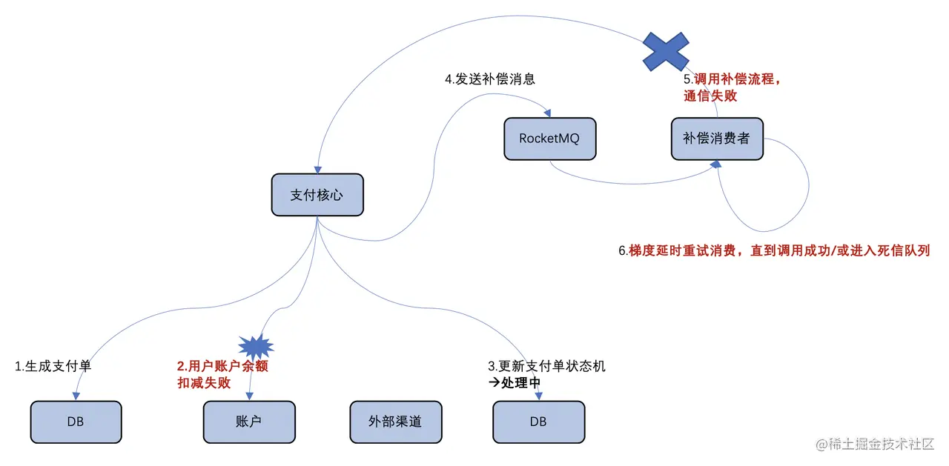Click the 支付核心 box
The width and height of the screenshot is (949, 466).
point(317,195)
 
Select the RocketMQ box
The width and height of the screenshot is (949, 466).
point(550,139)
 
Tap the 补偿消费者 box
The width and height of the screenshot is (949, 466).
point(717,139)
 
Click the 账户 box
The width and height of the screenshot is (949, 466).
point(249,422)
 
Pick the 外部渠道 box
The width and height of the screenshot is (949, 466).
point(396,422)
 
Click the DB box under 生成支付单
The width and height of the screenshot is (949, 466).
point(76,422)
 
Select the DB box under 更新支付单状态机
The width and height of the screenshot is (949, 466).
point(539,422)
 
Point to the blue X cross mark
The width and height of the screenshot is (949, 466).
point(666,51)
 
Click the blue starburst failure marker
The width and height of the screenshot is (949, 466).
point(256,347)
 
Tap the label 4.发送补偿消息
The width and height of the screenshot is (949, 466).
point(490,79)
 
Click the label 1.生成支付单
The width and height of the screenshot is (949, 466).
point(53,366)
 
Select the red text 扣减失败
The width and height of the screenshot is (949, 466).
point(204,383)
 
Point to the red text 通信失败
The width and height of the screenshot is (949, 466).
point(710,96)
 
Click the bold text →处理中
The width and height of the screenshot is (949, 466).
point(515,383)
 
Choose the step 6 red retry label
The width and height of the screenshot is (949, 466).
point(774,251)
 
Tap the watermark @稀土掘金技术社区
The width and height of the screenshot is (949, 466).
point(875,444)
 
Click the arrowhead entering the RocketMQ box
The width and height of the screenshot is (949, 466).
point(547,113)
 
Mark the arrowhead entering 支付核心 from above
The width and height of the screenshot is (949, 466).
point(318,170)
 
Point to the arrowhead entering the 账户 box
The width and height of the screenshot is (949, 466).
point(250,396)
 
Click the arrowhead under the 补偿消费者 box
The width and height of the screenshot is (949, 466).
point(716,164)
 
